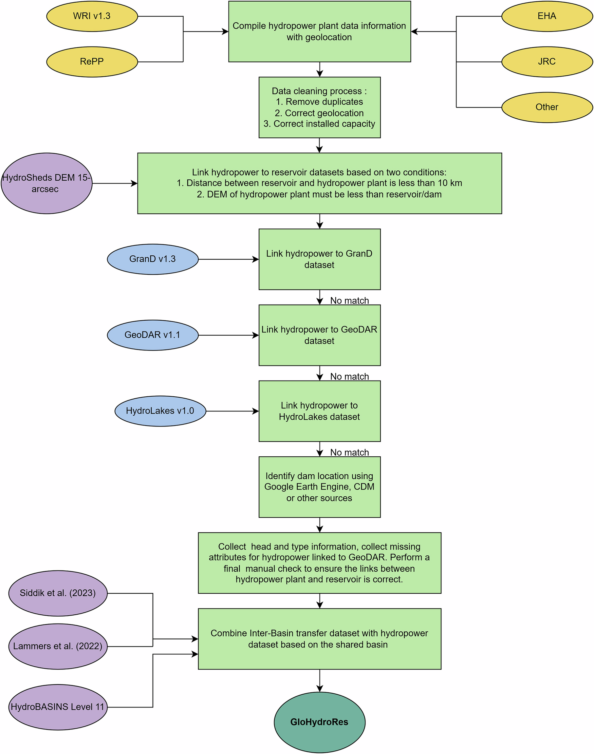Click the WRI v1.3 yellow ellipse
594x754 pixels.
pos(92,16)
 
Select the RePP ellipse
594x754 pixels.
pos(92,62)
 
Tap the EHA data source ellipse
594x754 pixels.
pos(547,16)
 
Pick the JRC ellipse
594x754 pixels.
pos(547,62)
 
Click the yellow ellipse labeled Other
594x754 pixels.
pos(547,107)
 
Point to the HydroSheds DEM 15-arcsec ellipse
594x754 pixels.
pos(46,184)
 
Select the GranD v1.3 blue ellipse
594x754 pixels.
pos(153,259)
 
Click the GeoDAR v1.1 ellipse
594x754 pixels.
pos(153,335)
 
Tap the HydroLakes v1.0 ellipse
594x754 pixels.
pos(160,411)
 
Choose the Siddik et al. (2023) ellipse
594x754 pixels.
pos(58,593)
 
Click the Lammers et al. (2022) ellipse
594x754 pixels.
pos(58,646)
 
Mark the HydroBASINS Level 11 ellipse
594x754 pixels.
pos(58,707)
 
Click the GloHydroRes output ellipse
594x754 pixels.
pos(320,722)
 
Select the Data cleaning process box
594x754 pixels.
pos(320,107)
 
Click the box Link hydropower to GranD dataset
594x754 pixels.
pos(320,259)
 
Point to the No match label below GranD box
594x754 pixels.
pos(349,300)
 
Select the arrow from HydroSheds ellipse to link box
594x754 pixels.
pos(115,184)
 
